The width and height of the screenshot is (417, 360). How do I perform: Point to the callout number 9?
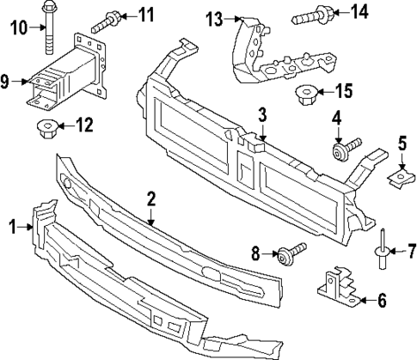click(5, 82)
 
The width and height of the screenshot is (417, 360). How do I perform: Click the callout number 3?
click(263, 113)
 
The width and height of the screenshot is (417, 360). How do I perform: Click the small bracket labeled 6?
click(338, 286)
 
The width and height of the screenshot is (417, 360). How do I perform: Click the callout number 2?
click(150, 198)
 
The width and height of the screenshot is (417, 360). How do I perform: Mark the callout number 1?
click(13, 227)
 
